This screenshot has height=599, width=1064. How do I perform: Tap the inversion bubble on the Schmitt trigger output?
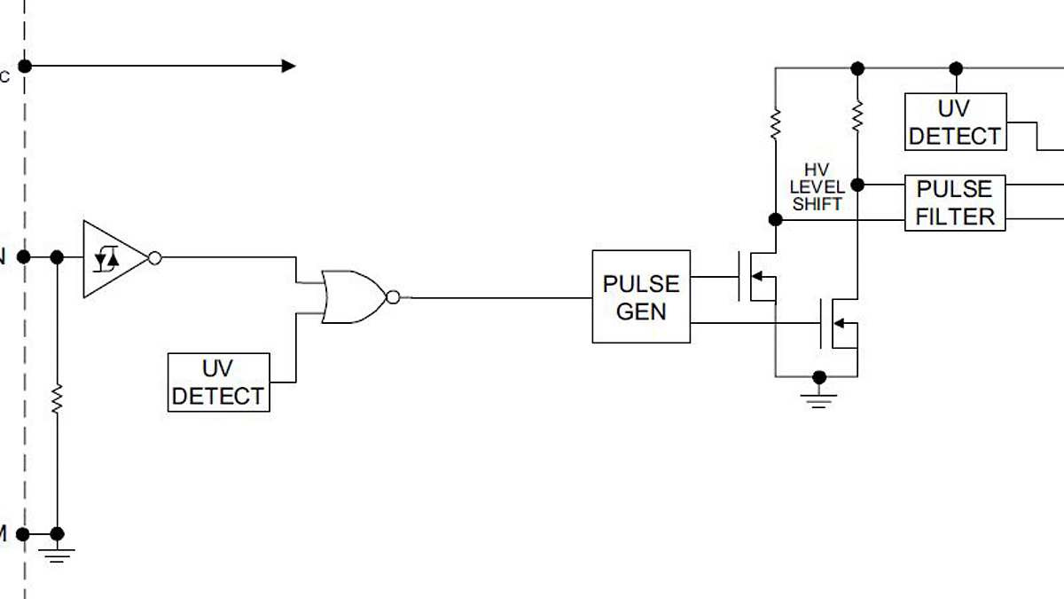[x=154, y=258]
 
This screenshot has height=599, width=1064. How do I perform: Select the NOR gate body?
[x=353, y=296]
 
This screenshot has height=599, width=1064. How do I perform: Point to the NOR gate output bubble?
[x=393, y=296]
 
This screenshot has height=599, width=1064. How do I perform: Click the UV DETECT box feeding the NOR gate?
[x=218, y=382]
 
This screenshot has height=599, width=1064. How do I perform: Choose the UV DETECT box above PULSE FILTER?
[x=955, y=122]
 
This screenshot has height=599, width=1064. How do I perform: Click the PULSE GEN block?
[x=641, y=296]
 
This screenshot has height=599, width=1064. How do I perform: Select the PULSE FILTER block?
[x=955, y=202]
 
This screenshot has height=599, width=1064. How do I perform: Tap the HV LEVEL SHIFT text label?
[x=817, y=187]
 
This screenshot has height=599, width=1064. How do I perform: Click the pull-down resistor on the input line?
[x=57, y=398]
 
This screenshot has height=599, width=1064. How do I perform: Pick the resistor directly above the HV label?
[x=775, y=123]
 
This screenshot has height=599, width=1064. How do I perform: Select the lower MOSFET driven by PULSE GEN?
[x=838, y=323]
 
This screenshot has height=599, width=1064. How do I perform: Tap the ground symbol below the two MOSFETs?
[x=820, y=397]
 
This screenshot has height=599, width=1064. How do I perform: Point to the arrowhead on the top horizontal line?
[x=288, y=66]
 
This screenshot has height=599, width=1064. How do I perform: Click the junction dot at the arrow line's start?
[x=25, y=66]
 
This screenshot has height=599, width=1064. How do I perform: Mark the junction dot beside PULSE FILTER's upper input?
[x=857, y=185]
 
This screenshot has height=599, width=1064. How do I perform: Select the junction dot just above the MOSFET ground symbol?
[x=820, y=376]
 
